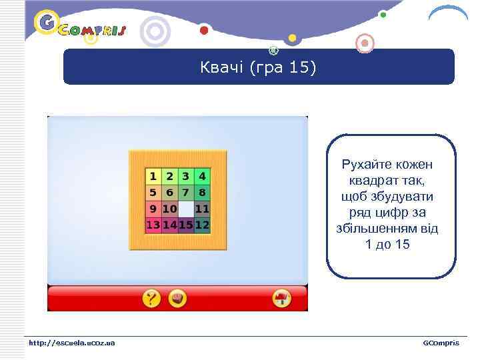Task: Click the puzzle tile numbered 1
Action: coord(153,177)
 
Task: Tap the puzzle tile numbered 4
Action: coord(202,177)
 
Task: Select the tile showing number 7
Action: coord(186,193)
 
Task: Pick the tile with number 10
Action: coord(169,209)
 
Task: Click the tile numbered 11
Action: coord(202,209)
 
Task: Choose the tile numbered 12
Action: coord(202,225)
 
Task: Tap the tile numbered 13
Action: coord(153,225)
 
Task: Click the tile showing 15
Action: coord(186,225)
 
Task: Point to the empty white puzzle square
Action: coord(186,209)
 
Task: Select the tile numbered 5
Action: coord(153,193)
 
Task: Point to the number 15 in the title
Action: coord(298,68)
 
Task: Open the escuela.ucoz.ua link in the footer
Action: coord(72,343)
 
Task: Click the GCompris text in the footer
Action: coord(441,343)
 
